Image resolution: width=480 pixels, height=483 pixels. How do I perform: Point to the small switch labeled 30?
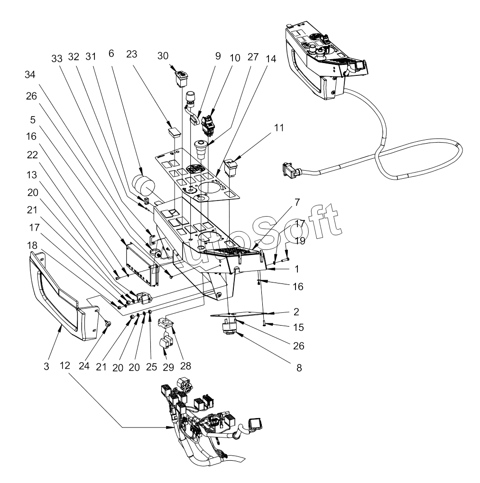click(x=181, y=77)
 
